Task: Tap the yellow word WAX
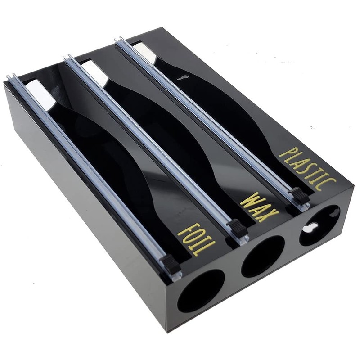[260, 207]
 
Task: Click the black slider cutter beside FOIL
[171, 261]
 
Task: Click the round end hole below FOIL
[201, 291]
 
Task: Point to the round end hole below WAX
[263, 256]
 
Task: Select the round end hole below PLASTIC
[319, 226]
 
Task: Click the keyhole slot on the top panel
[183, 77]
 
